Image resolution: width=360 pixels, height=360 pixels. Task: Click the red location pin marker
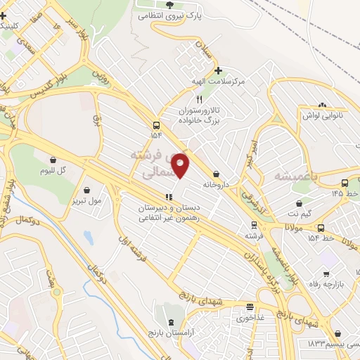181,165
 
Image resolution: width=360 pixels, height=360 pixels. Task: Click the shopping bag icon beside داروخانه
216,174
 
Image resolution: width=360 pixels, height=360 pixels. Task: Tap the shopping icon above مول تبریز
86,189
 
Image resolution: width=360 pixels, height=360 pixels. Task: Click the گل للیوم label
52,171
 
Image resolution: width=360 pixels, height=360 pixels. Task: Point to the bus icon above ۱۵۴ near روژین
155,124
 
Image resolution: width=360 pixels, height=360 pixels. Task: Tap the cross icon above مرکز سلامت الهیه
219,70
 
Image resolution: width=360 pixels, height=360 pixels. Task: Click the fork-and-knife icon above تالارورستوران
199,100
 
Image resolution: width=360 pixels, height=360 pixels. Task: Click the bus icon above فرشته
254,225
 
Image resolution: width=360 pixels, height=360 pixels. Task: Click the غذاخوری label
250,317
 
